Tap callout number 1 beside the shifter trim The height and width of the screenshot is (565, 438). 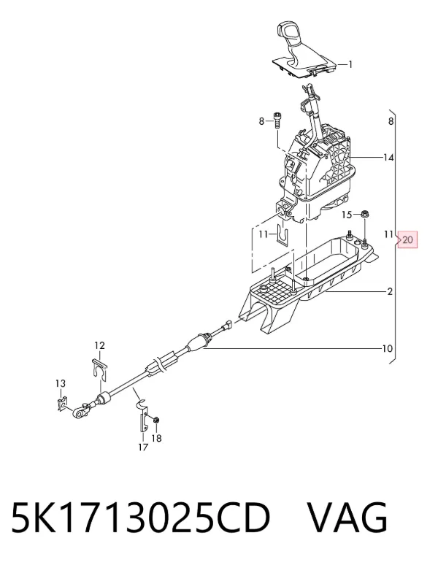point(350,64)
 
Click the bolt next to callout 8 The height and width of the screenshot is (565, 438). point(277,120)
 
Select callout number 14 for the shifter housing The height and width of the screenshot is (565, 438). point(388,158)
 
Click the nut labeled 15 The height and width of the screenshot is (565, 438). point(364,214)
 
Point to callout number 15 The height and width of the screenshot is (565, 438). point(347,215)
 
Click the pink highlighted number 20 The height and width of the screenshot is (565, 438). point(407,239)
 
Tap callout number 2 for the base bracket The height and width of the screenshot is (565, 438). point(390,291)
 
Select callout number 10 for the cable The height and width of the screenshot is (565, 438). point(387,348)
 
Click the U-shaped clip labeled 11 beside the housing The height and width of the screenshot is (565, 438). point(283,235)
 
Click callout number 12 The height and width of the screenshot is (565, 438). point(100,345)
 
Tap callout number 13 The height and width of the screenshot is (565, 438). point(61,383)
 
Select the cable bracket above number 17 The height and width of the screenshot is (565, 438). point(143,415)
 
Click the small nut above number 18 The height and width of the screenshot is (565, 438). point(157,420)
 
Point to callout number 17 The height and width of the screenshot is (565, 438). point(143,447)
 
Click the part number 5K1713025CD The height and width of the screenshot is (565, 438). point(141,518)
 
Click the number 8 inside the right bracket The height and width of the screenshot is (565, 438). point(391,121)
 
